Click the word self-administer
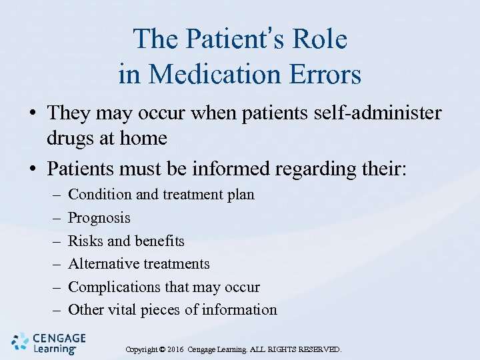(373, 113)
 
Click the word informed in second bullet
(225, 169)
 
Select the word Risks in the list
(83, 241)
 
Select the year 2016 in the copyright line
(175, 349)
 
